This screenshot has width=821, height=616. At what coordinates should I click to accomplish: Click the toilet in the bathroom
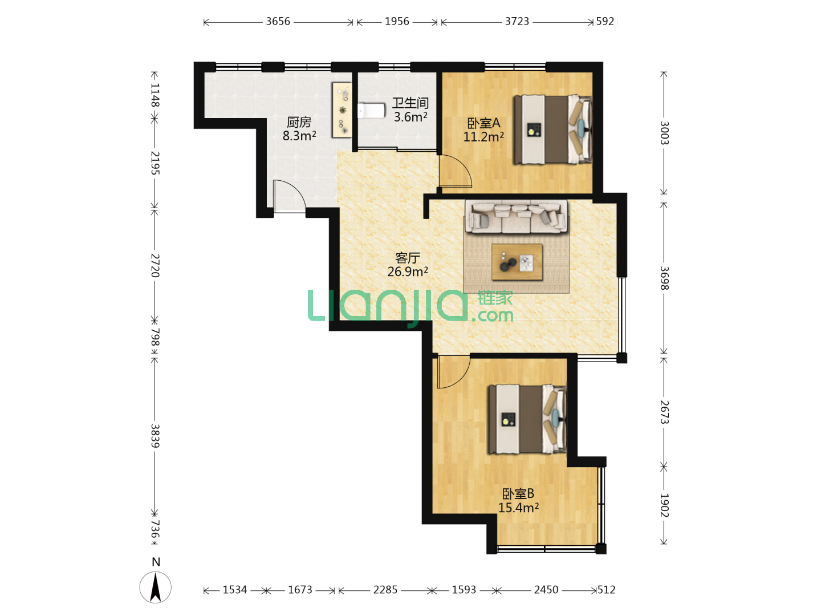coord(371,111)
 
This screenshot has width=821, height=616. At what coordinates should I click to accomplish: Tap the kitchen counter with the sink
coord(342,110)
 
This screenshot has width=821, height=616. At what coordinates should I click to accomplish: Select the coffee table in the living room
coord(517,262)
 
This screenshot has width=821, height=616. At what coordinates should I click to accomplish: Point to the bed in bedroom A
coord(552,129)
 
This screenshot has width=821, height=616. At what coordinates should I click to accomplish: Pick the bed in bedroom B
coord(527,419)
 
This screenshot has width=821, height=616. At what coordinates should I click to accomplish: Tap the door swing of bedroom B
coord(453,372)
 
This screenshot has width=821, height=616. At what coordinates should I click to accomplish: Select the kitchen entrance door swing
coord(289,197)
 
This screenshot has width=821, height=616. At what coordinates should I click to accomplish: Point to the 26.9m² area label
coord(407,271)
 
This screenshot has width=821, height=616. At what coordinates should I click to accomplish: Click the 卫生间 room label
coord(410,103)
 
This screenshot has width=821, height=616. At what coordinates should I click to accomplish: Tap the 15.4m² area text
coord(518,508)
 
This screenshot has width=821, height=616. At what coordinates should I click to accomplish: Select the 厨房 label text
coord(299,122)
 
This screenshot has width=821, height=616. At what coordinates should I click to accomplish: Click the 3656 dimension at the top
coord(278,21)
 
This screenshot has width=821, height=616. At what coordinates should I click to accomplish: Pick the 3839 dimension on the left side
coord(155,436)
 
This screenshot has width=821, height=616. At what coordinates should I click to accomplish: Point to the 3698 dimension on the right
coord(664,278)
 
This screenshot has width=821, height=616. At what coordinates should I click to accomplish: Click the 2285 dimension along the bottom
coord(385,590)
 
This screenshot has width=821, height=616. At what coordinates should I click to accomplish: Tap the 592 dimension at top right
coord(605,21)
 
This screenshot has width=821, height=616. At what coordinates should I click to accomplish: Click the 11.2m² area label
coord(483,137)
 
